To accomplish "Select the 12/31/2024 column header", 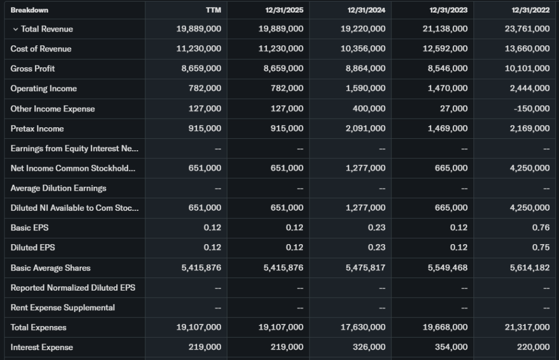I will (x=366, y=10).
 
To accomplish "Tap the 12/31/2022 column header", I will (x=531, y=10).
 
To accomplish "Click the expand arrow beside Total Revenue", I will (x=15, y=29).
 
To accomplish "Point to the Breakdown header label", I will (x=29, y=10).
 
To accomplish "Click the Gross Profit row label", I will (x=33, y=68).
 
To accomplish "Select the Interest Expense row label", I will (x=41, y=347).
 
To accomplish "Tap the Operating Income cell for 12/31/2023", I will (x=448, y=88).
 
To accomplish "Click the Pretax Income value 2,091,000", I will (x=365, y=128).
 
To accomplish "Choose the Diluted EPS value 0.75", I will (x=541, y=247).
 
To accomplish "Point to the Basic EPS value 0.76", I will (x=541, y=227).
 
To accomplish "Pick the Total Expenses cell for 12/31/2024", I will (x=363, y=327).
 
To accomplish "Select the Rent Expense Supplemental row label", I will (x=63, y=308).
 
